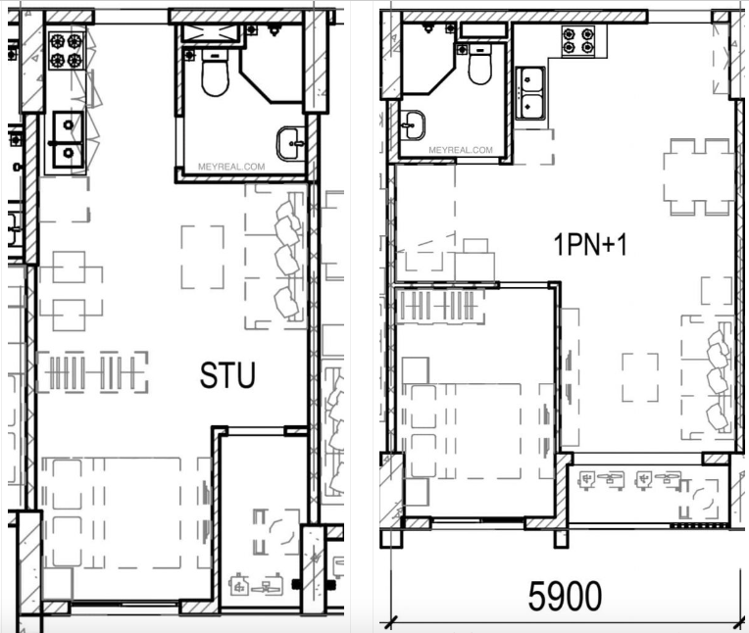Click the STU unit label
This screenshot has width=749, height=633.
click(x=227, y=374)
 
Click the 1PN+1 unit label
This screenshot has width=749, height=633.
click(x=589, y=244)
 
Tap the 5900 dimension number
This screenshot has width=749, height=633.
click(x=565, y=596)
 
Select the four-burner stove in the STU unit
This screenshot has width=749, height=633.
click(x=66, y=51)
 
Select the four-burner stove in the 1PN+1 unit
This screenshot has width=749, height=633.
click(x=578, y=41)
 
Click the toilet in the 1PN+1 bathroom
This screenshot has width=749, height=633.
click(x=479, y=64)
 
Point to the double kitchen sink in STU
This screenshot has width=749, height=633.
click(x=68, y=139)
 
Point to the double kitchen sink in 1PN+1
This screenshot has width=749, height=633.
click(x=530, y=93)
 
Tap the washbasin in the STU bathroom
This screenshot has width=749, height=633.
click(x=290, y=143)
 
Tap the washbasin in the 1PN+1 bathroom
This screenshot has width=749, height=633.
click(x=412, y=125)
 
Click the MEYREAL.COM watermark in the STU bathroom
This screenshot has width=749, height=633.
click(x=231, y=167)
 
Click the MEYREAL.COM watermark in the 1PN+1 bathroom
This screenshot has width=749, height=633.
click(x=461, y=150)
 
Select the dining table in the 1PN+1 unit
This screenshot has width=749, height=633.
click(x=698, y=176)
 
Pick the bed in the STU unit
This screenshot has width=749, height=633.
click(x=125, y=513)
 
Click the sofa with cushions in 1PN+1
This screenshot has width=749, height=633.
click(x=708, y=377)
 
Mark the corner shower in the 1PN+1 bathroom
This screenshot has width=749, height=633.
click(x=428, y=58)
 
